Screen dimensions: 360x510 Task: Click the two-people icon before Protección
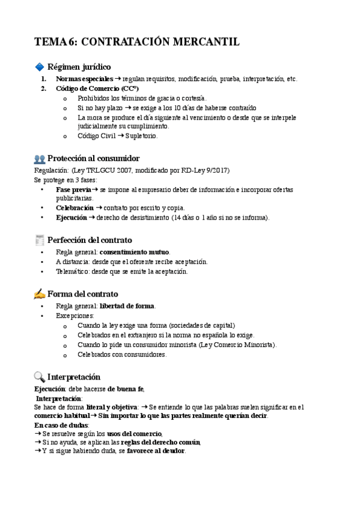pyautogui.click(x=40, y=159)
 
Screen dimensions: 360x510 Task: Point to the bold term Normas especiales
pyautogui.click(x=84, y=79)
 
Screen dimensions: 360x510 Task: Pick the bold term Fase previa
pyautogui.click(x=73, y=189)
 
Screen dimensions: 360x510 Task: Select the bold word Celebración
pyautogui.click(x=75, y=208)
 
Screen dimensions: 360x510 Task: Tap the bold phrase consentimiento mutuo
pyautogui.click(x=135, y=252)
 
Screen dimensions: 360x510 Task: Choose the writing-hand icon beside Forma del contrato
pyautogui.click(x=40, y=294)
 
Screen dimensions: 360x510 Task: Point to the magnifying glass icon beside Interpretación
pyautogui.click(x=40, y=377)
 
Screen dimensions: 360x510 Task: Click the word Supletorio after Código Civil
pyautogui.click(x=141, y=136)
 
